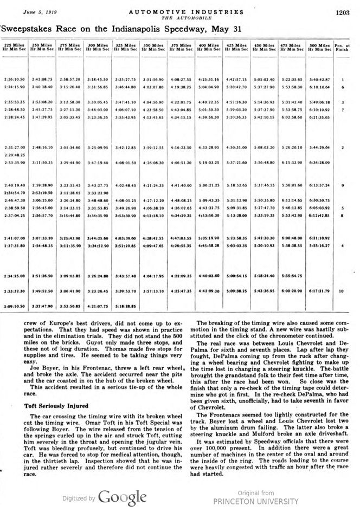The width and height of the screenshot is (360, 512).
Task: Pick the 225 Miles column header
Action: point(15,47)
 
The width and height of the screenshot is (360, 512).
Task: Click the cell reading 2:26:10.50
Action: point(15,80)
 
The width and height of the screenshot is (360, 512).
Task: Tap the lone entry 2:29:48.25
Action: point(15,154)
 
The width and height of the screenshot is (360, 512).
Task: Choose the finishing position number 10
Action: point(342,291)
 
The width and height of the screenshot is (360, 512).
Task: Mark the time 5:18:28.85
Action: point(126,306)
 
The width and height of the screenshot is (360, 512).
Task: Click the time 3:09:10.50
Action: point(15,306)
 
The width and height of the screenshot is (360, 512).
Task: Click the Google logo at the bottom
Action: point(122,497)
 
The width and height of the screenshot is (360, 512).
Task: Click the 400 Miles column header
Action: point(209,47)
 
